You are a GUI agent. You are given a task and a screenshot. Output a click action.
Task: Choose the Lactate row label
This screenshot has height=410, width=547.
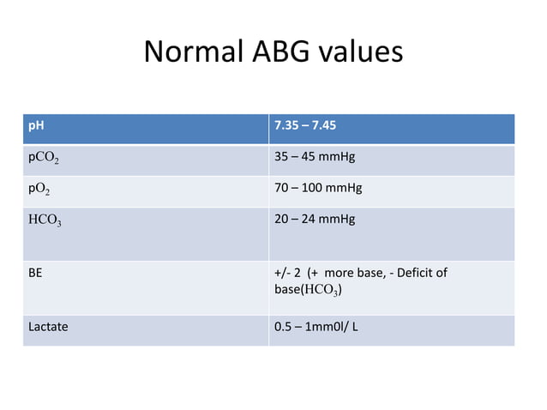coord(48,327)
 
